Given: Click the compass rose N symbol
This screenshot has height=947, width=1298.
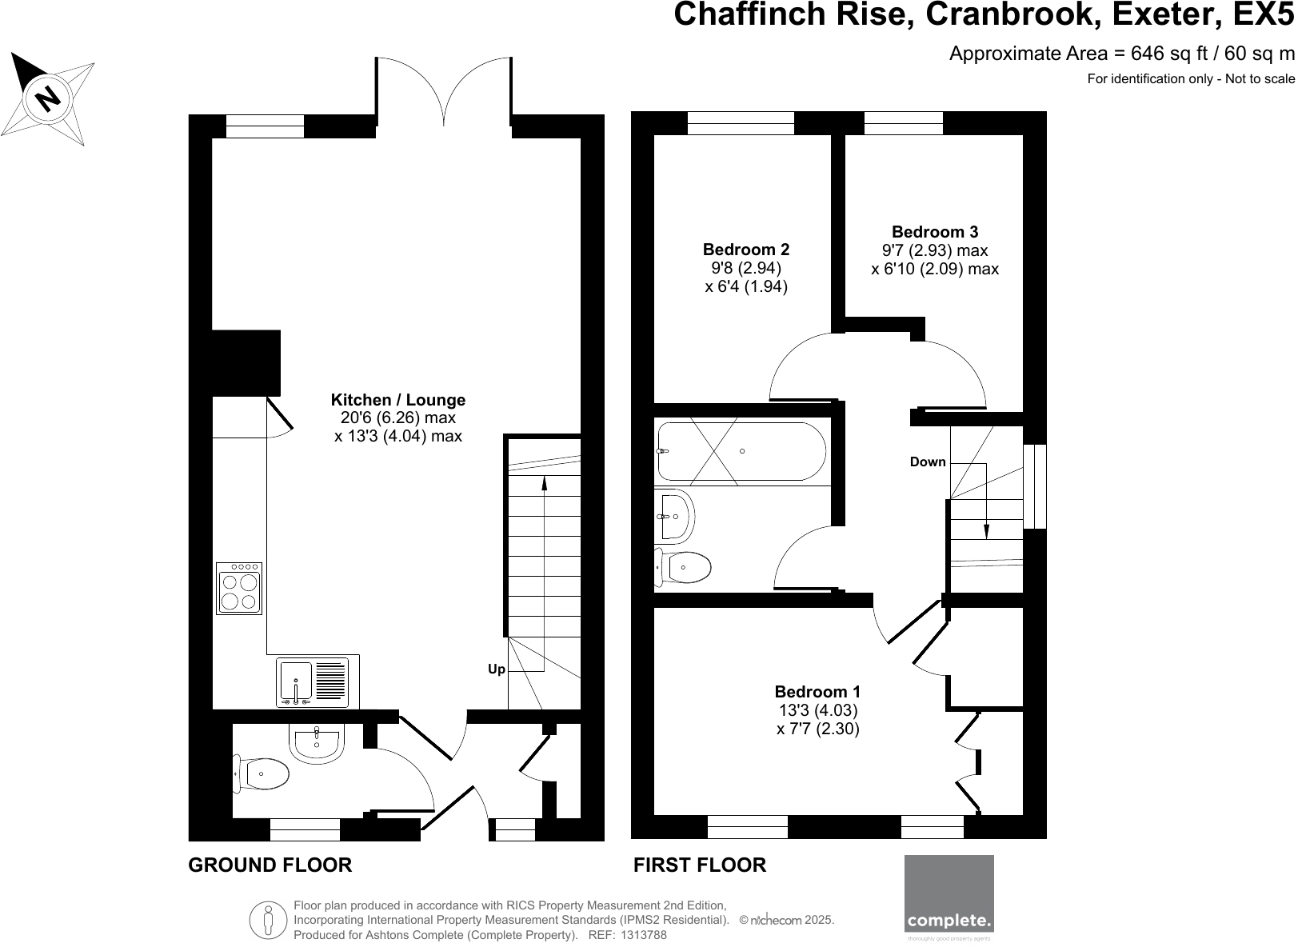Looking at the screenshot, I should pyautogui.click(x=49, y=98).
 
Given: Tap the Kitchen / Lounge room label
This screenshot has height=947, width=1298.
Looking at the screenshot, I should pyautogui.click(x=397, y=400).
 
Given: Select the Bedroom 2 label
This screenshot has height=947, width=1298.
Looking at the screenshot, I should pyautogui.click(x=745, y=250).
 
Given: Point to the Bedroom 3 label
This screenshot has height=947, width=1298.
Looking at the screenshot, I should pyautogui.click(x=934, y=232).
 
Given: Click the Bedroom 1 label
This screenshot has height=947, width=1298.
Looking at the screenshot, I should pyautogui.click(x=817, y=692).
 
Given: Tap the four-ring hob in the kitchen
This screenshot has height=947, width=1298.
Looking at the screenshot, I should pyautogui.click(x=239, y=589).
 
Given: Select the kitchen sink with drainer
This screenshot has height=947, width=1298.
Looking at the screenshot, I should pyautogui.click(x=313, y=681).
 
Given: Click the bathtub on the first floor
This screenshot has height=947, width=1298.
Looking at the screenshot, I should pyautogui.click(x=740, y=451).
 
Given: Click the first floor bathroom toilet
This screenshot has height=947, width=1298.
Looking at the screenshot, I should pyautogui.click(x=683, y=568).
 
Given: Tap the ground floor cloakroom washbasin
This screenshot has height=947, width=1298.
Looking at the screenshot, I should pyautogui.click(x=318, y=741).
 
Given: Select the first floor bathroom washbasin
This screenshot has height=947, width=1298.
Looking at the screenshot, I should pyautogui.click(x=675, y=516).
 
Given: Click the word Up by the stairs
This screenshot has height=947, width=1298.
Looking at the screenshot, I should pyautogui.click(x=497, y=669).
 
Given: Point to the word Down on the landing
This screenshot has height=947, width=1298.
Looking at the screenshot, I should pyautogui.click(x=928, y=462).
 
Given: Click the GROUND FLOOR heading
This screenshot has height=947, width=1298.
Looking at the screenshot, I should pyautogui.click(x=270, y=865).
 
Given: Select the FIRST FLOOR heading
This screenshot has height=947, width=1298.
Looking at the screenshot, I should pyautogui.click(x=699, y=865).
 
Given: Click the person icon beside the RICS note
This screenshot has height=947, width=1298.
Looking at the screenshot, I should pyautogui.click(x=270, y=921).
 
